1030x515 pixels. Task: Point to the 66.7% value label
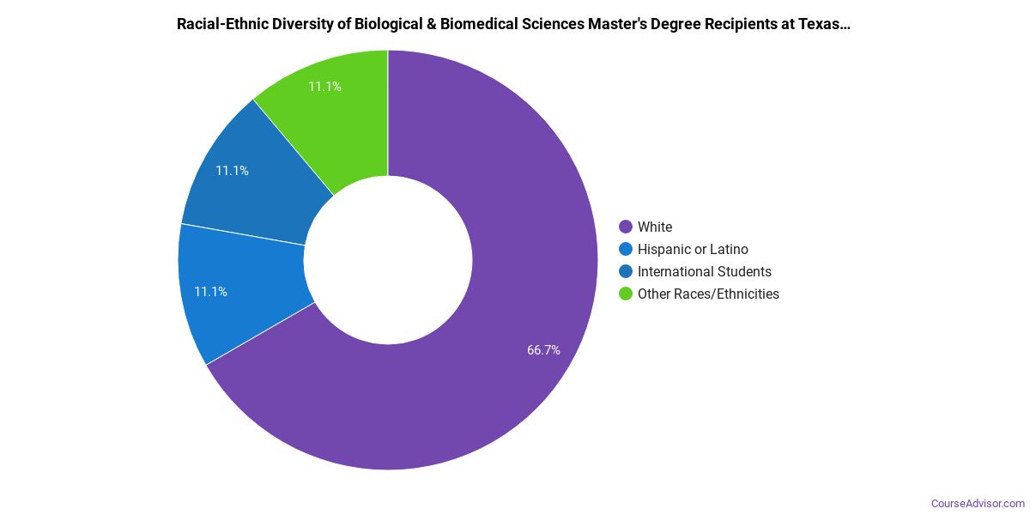[x=543, y=350]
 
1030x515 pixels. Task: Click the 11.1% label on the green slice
[x=325, y=87]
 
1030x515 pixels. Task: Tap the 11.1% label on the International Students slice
[x=232, y=171]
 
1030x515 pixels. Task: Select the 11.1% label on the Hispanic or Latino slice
[x=210, y=292]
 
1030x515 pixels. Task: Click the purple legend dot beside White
[x=626, y=227]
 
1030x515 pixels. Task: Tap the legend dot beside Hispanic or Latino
[x=626, y=250]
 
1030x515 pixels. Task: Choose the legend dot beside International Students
[x=626, y=272]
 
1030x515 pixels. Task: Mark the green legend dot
[x=626, y=294]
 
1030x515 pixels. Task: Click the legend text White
[x=655, y=227]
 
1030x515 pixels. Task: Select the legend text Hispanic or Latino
[x=693, y=250]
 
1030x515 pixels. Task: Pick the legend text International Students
[x=705, y=272]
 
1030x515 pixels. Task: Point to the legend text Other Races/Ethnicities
[x=708, y=294]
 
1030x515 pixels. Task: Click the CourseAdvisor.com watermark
[x=978, y=503]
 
